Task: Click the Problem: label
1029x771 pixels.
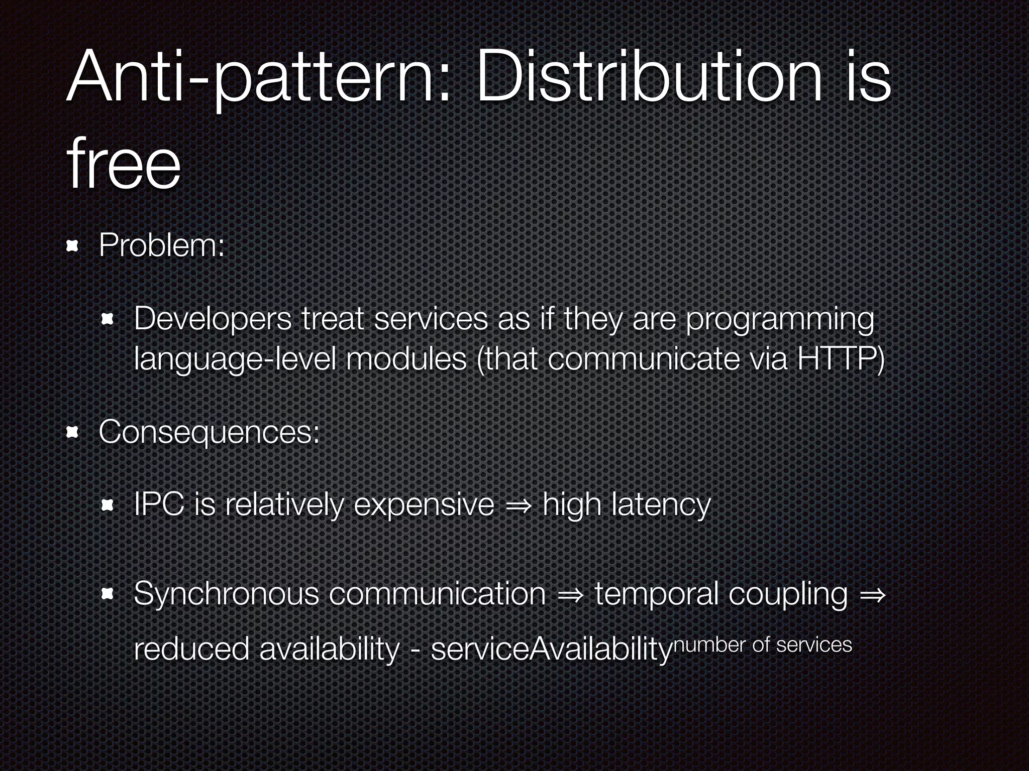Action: click(x=161, y=246)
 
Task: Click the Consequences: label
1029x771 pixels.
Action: click(x=209, y=432)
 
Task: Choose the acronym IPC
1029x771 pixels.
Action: click(x=159, y=504)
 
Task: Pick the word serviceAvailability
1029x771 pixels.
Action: click(x=551, y=649)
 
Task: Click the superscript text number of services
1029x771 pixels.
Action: click(x=762, y=645)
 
